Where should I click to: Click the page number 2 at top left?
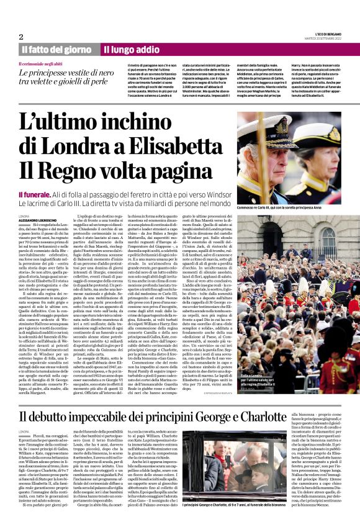tap(21, 37)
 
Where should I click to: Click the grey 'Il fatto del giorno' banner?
tap(56, 49)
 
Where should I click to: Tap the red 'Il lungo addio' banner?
tap(131, 49)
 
